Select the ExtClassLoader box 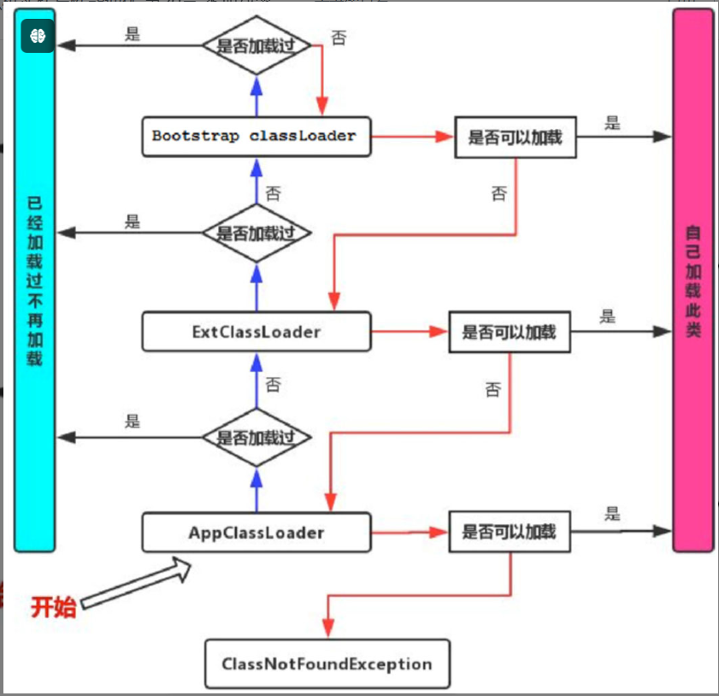(256, 331)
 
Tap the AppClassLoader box (256, 532)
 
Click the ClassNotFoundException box (327, 664)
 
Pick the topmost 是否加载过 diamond (256, 44)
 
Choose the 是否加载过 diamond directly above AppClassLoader (256, 437)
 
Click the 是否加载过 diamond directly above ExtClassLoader (256, 233)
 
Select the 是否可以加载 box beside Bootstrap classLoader (516, 138)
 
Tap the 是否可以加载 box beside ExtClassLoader (510, 331)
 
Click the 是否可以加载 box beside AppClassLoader (510, 532)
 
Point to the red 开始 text (53, 607)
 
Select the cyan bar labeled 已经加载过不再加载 (35, 282)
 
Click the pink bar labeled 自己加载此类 (692, 282)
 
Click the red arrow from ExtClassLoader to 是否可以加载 (410, 331)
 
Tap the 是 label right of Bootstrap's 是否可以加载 (612, 122)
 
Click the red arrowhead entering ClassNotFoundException (327, 631)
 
